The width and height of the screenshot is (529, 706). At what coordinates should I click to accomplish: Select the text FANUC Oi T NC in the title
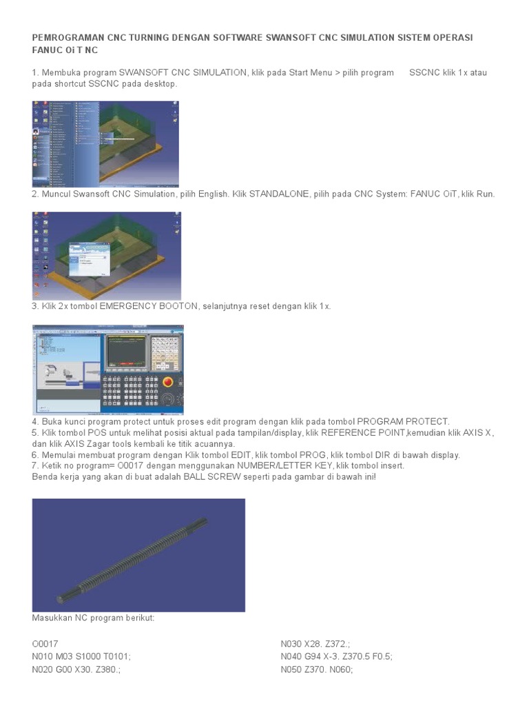click(65, 50)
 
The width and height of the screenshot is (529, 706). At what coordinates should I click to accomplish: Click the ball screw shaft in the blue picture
click(138, 556)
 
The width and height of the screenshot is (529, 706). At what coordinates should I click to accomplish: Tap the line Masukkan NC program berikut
click(94, 618)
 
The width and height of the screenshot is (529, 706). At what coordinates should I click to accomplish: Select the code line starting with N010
click(81, 656)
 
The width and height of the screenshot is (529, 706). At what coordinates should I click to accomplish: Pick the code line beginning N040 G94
click(336, 656)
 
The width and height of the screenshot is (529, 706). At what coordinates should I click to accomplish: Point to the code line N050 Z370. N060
click(317, 669)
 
